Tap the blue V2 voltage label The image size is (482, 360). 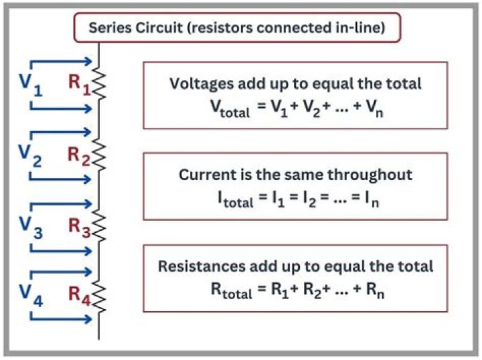[x=29, y=157]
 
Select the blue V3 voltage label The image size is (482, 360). [x=29, y=228]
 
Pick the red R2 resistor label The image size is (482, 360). [x=79, y=155]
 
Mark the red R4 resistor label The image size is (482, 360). [x=79, y=295]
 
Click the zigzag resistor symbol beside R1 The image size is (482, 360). [x=99, y=84]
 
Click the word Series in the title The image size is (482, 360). [x=110, y=29]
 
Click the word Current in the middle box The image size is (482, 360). [x=202, y=175]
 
